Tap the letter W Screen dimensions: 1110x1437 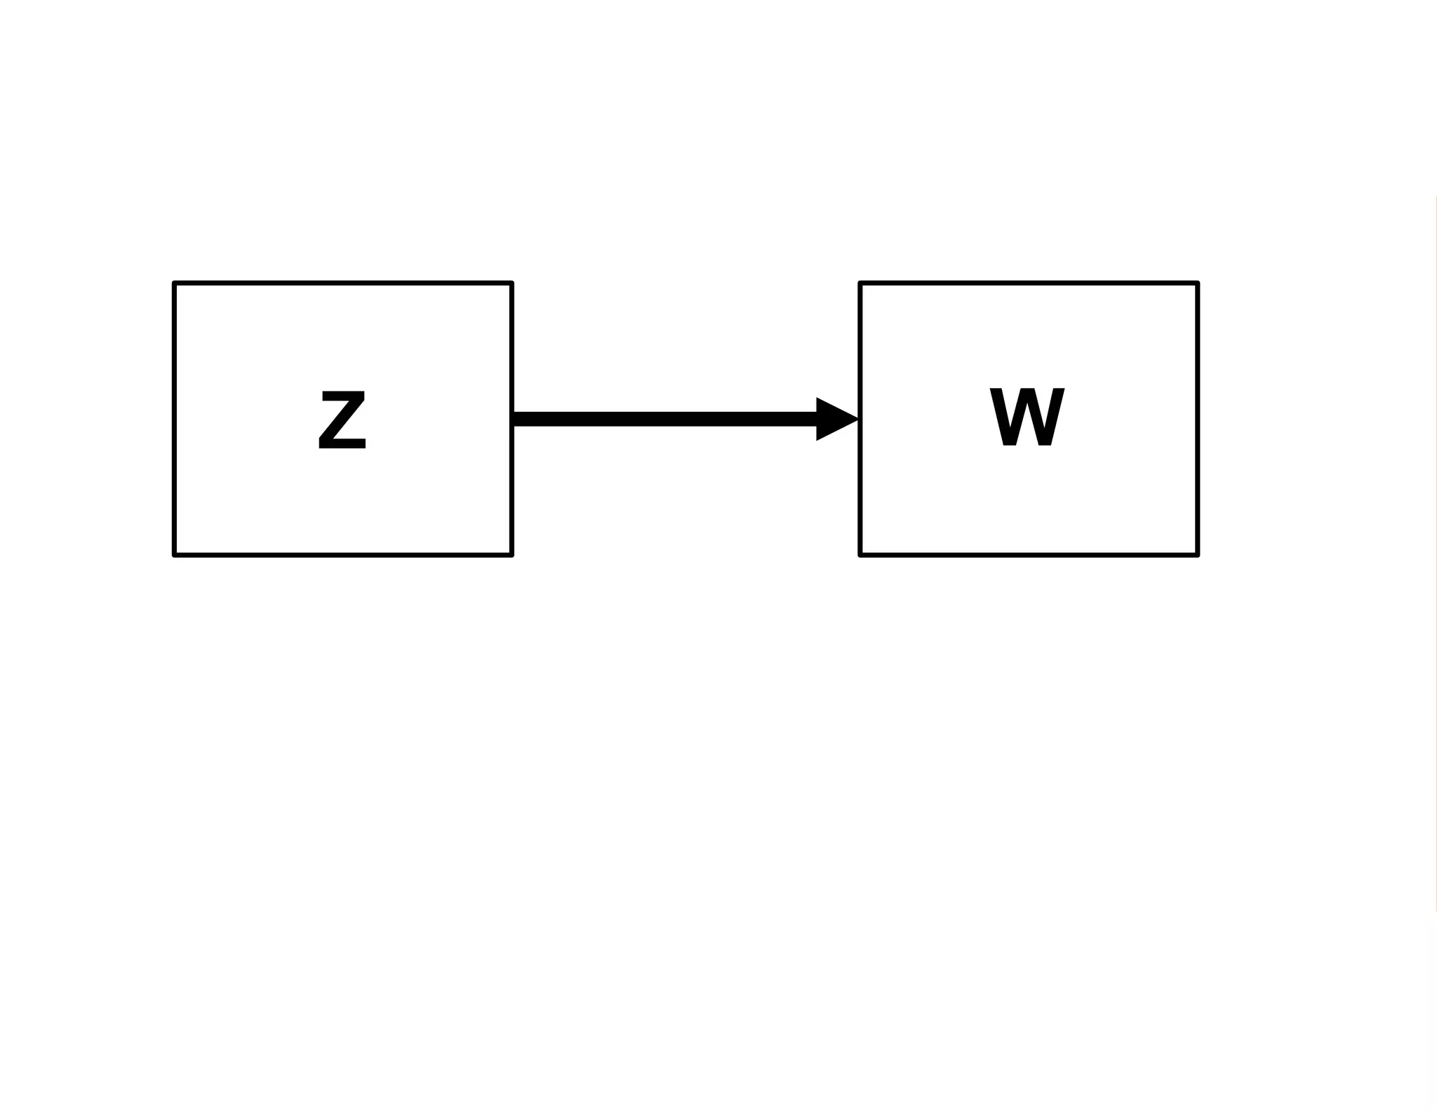coord(1027,417)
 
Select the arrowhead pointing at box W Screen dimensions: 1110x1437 coord(835,420)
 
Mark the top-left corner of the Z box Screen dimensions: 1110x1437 coord(175,283)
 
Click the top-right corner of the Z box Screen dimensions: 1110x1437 coord(512,283)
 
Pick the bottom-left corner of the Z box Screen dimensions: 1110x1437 coord(175,555)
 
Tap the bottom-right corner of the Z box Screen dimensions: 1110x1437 coord(512,555)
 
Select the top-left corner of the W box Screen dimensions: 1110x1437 coord(860,283)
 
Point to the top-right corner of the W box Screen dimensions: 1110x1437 coord(1197,283)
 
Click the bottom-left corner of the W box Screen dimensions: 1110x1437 coord(860,555)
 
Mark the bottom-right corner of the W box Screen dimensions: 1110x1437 coord(1197,555)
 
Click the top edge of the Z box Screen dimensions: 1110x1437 coord(343,283)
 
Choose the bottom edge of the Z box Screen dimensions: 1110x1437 coord(343,555)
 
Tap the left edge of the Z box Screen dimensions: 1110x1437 coord(175,420)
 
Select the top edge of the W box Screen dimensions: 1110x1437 coord(1029,283)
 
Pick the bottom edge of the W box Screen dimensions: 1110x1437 coord(1029,555)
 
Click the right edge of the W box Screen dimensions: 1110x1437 coord(1197,420)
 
